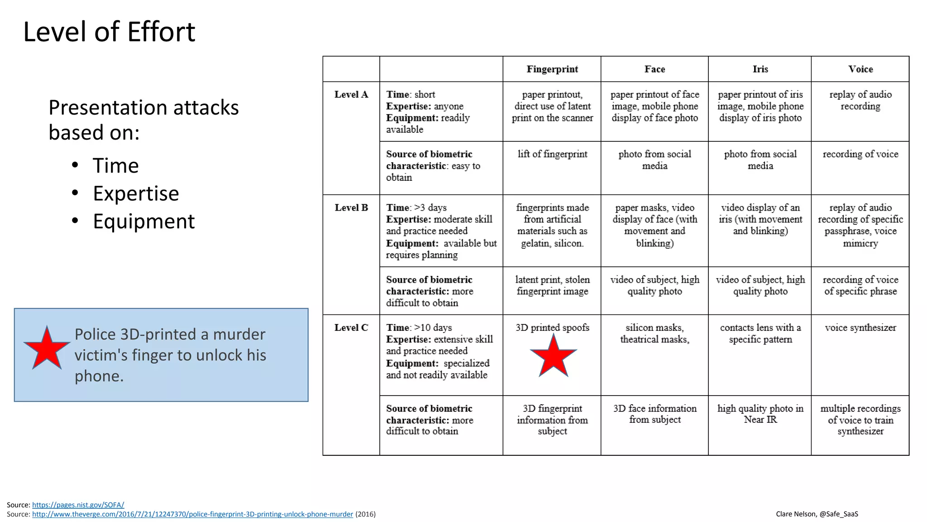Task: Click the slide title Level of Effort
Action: pyautogui.click(x=109, y=32)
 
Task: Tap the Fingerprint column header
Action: pyautogui.click(x=552, y=69)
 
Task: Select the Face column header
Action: pyautogui.click(x=655, y=69)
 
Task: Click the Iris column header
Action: pyautogui.click(x=760, y=69)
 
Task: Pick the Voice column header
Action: pyautogui.click(x=860, y=69)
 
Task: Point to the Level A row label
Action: pyautogui.click(x=351, y=95)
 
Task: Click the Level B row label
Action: pyautogui.click(x=351, y=208)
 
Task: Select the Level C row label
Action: pyautogui.click(x=351, y=328)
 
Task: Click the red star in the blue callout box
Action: pyautogui.click(x=47, y=348)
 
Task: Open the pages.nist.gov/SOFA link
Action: pyautogui.click(x=78, y=505)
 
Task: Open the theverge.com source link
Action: pyautogui.click(x=192, y=514)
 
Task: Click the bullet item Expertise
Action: pyautogui.click(x=136, y=193)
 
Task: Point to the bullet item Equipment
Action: pyautogui.click(x=143, y=222)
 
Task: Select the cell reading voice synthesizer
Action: pyautogui.click(x=860, y=328)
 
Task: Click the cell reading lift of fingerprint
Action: pyautogui.click(x=552, y=155)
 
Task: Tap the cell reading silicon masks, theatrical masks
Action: pyautogui.click(x=655, y=333)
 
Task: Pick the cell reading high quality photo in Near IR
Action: pyautogui.click(x=760, y=414)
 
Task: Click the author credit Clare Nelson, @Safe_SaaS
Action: pyautogui.click(x=817, y=514)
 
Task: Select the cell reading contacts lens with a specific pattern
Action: pyautogui.click(x=760, y=333)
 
